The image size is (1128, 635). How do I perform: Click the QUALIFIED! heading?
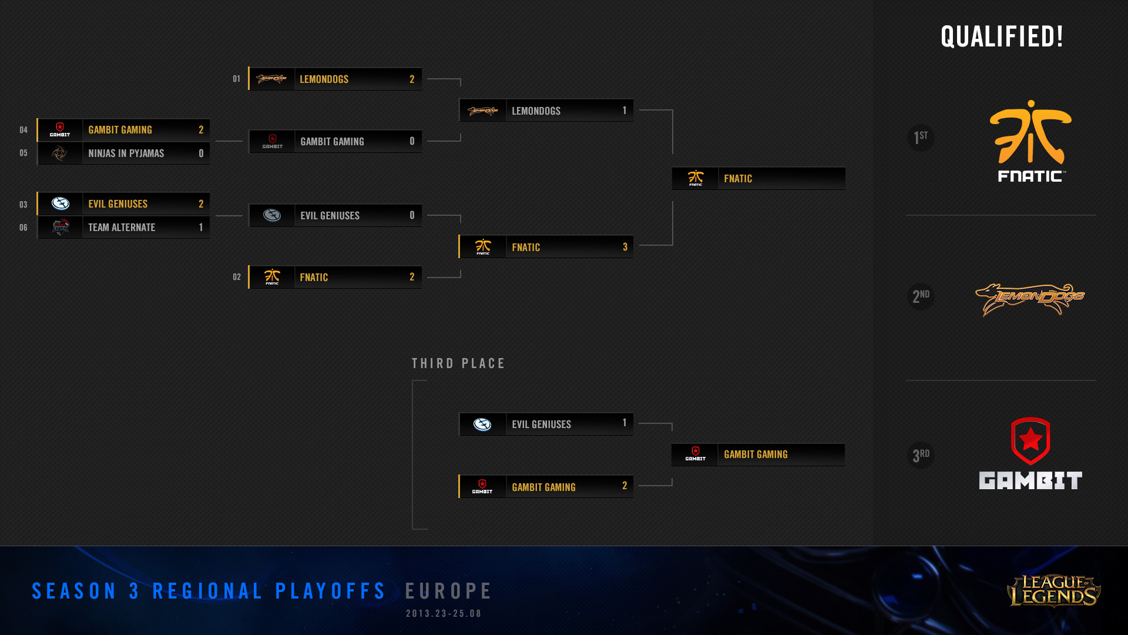pyautogui.click(x=1002, y=36)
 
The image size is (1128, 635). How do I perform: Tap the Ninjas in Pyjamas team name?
pyautogui.click(x=126, y=153)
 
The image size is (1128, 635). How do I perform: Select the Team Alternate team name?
pyautogui.click(x=122, y=228)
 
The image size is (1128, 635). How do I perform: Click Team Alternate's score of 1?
pyautogui.click(x=201, y=228)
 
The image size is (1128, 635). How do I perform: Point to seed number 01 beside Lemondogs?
pyautogui.click(x=236, y=79)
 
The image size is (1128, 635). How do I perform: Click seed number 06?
pyautogui.click(x=23, y=228)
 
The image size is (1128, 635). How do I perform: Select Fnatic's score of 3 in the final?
pyautogui.click(x=625, y=247)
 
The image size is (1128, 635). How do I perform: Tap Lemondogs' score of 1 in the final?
pyautogui.click(x=625, y=111)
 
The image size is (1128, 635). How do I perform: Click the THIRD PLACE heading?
pyautogui.click(x=458, y=364)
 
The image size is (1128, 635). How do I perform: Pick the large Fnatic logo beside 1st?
pyautogui.click(x=1030, y=141)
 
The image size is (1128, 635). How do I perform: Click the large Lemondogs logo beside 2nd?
pyautogui.click(x=1030, y=299)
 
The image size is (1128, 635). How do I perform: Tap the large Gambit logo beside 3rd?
pyautogui.click(x=1030, y=453)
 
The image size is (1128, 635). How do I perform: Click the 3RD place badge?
pyautogui.click(x=921, y=455)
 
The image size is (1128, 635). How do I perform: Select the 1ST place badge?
pyautogui.click(x=921, y=138)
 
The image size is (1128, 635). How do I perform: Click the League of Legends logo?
pyautogui.click(x=1053, y=590)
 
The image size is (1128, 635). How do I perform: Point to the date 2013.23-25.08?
pyautogui.click(x=444, y=614)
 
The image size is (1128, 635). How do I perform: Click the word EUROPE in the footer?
pyautogui.click(x=449, y=591)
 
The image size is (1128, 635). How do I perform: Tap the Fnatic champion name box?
pyautogui.click(x=758, y=179)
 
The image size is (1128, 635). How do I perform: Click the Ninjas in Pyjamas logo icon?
pyautogui.click(x=60, y=153)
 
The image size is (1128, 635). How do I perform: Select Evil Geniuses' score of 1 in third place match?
pyautogui.click(x=625, y=423)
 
